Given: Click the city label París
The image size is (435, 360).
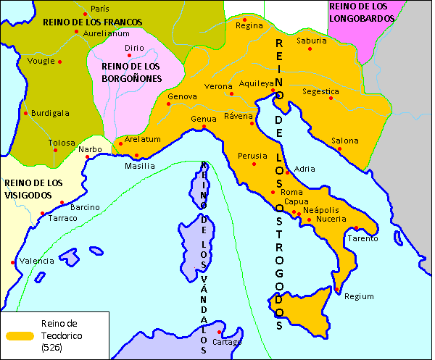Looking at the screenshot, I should [99, 9].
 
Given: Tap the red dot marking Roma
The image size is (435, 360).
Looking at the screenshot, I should [273, 192].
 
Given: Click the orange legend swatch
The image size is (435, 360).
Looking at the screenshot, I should [20, 336].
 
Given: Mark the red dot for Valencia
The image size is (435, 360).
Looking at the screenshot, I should [13, 262].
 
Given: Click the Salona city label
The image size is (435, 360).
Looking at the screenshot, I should [344, 141].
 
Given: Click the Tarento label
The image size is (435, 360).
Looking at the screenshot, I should [362, 238].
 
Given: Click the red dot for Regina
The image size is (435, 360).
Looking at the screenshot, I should [245, 20].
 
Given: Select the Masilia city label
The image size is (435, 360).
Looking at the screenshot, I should [140, 166].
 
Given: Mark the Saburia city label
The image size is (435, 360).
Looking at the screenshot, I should [312, 41].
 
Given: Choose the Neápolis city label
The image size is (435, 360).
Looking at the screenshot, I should [321, 209].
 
